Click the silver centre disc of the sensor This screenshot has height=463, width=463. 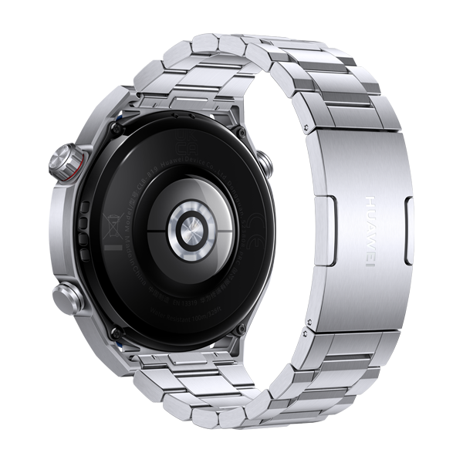point(188,228)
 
